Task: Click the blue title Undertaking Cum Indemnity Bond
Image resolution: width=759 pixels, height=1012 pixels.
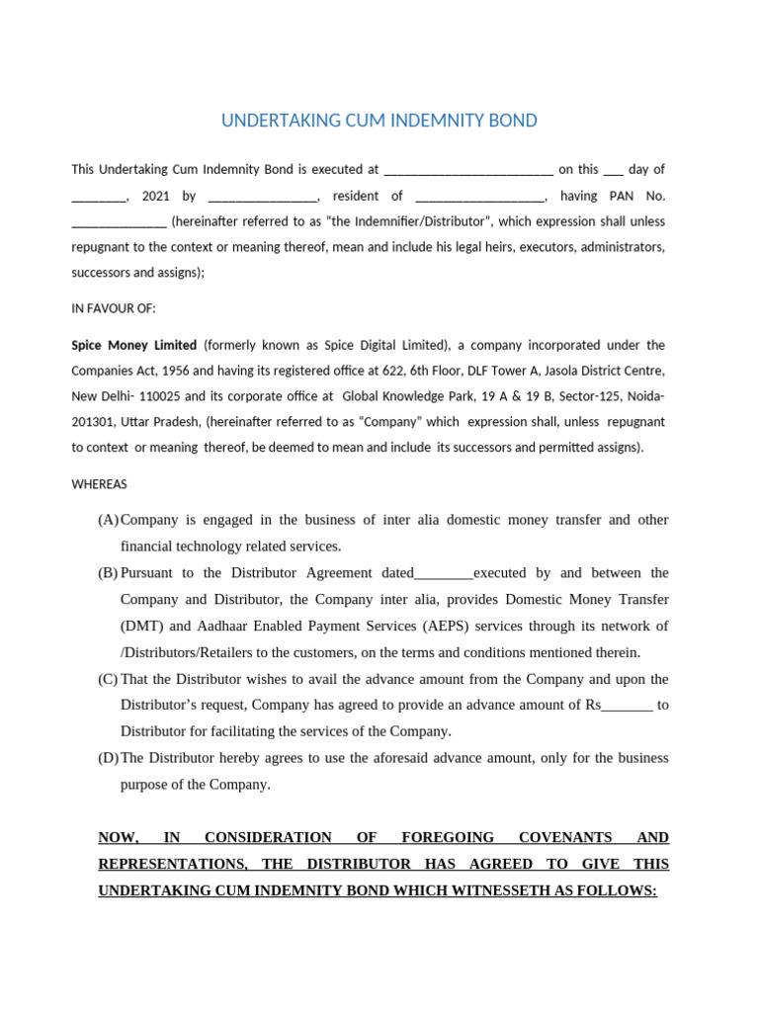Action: pyautogui.click(x=379, y=121)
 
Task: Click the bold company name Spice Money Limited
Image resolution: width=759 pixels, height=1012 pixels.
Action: pyautogui.click(x=133, y=345)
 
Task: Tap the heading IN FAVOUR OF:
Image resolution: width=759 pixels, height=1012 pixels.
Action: pyautogui.click(x=114, y=308)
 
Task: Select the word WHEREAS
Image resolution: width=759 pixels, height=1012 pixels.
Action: pyautogui.click(x=99, y=484)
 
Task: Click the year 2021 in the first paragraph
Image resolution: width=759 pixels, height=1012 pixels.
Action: pyautogui.click(x=156, y=196)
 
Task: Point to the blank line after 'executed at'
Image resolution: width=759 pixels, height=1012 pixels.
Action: pyautogui.click(x=467, y=171)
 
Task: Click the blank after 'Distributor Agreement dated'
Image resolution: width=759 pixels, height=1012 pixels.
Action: pyautogui.click(x=444, y=573)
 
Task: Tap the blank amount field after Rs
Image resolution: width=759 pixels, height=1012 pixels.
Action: pyautogui.click(x=628, y=706)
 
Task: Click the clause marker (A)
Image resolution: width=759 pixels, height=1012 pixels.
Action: pyautogui.click(x=108, y=520)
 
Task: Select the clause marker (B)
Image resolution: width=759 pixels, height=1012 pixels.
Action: pyautogui.click(x=108, y=573)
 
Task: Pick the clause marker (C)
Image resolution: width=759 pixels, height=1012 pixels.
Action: pyautogui.click(x=108, y=679)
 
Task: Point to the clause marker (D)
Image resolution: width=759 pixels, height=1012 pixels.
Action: pyautogui.click(x=108, y=758)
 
